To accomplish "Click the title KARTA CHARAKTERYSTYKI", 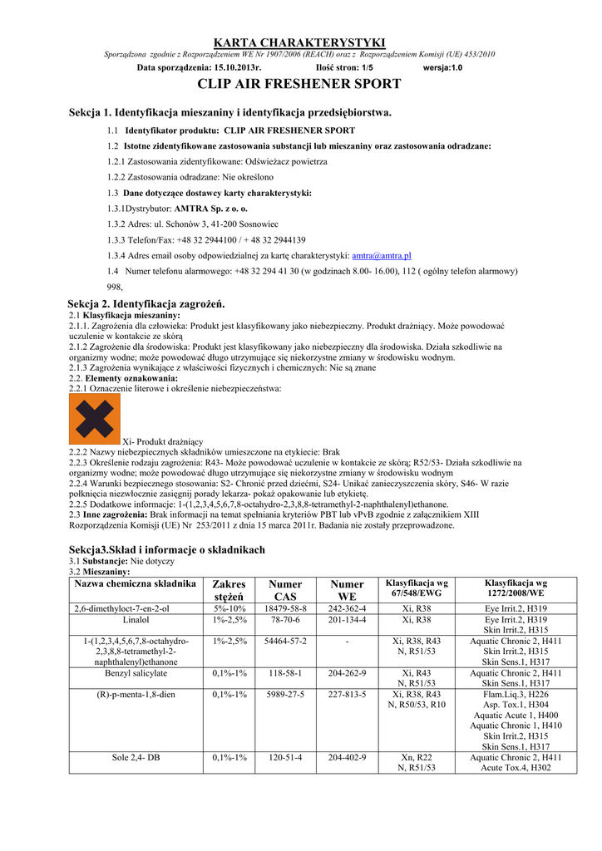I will (x=300, y=42).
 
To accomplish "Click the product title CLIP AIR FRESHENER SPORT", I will (x=300, y=84).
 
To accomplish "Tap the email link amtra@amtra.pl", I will (x=382, y=256).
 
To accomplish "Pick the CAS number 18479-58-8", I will (x=286, y=609).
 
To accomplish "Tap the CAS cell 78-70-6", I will (x=286, y=620).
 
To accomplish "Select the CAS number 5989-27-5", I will (x=286, y=694).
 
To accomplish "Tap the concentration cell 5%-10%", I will (x=229, y=609).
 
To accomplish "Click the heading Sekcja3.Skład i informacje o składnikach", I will (x=167, y=550).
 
